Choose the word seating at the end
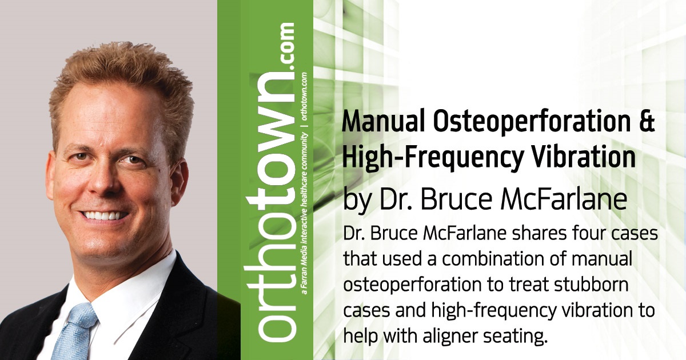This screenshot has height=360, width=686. pyautogui.click(x=518, y=335)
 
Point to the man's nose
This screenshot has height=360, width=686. pyautogui.click(x=111, y=183)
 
